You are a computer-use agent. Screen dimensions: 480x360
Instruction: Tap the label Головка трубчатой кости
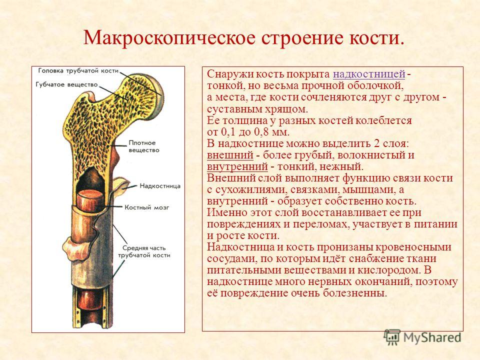[78, 70]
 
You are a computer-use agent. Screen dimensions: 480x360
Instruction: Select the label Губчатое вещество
[66, 84]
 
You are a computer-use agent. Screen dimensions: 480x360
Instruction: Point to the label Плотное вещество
[144, 146]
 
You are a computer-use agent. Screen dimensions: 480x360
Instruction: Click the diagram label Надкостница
[160, 186]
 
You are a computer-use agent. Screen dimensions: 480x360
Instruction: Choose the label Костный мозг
[146, 207]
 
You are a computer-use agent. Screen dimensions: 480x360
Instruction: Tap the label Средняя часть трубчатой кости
[144, 251]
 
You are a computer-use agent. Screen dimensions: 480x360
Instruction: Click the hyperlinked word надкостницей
[369, 74]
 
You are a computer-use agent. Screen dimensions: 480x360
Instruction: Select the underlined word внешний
[230, 155]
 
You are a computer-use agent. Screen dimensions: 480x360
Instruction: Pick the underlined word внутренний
[237, 166]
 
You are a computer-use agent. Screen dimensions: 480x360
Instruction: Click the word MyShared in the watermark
[432, 337]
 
